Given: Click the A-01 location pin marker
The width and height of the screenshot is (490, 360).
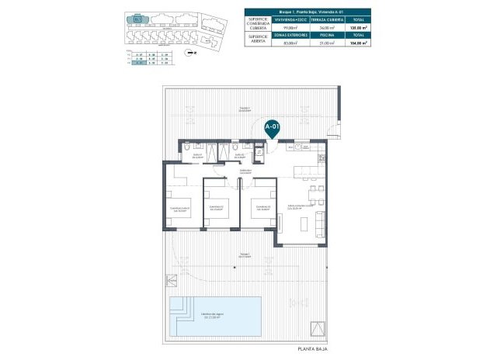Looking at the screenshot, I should (x=272, y=126).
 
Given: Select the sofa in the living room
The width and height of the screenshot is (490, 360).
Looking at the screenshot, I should (x=318, y=222).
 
